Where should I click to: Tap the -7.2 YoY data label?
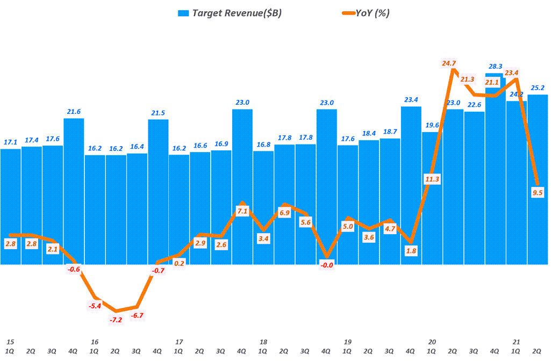116,320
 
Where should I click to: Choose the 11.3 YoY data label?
432,179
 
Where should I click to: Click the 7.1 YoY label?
242,211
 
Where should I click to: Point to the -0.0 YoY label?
326,265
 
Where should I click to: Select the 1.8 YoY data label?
411,251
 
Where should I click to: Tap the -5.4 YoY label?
95,307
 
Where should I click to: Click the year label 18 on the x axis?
263,342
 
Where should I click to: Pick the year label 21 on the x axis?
517,342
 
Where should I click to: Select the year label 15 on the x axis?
10,342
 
